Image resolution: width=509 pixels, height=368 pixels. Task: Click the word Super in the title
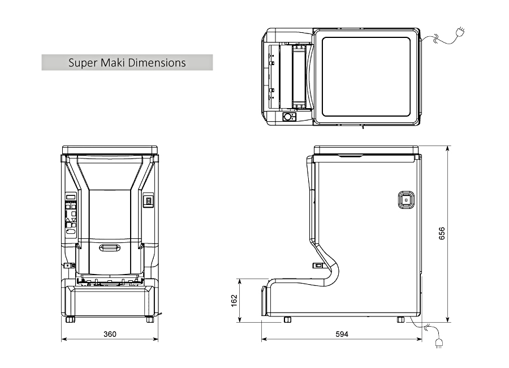[82, 62]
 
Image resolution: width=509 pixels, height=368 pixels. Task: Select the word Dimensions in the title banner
[157, 62]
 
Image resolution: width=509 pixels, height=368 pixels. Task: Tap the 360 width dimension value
[110, 334]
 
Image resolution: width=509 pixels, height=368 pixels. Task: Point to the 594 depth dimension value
[342, 334]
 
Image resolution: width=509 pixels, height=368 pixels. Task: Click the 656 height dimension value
[442, 233]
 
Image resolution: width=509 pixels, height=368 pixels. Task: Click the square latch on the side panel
[406, 199]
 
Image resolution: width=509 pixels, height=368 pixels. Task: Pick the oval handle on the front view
[110, 247]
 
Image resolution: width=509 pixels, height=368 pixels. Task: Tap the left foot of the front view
[70, 319]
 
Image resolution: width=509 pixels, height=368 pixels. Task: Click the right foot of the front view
[150, 319]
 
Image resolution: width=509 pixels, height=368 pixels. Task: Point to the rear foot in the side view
[400, 319]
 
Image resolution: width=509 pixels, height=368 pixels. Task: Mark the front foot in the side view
[287, 319]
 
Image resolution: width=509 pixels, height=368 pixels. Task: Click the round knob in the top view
[288, 117]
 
